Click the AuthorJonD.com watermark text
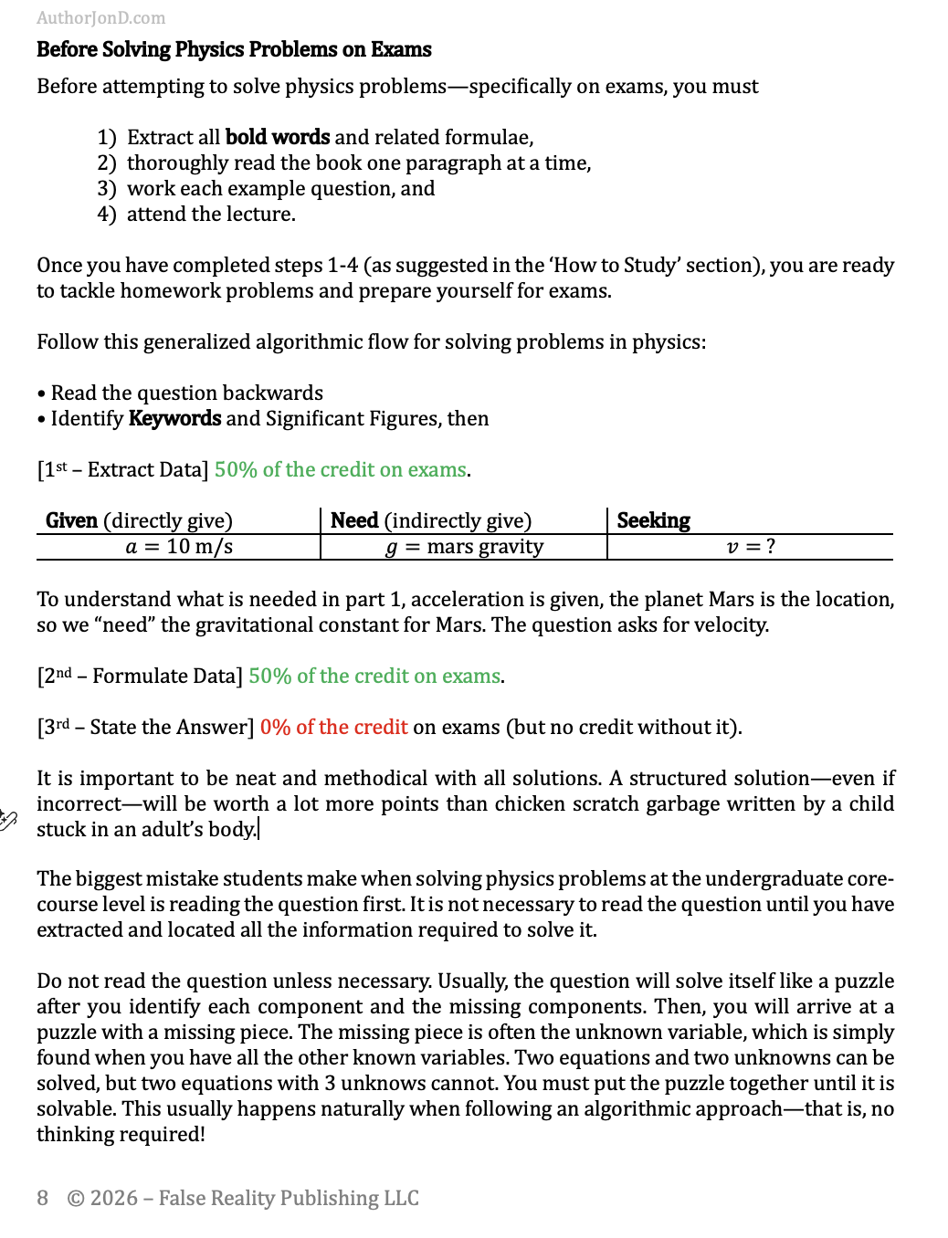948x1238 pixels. click(x=100, y=18)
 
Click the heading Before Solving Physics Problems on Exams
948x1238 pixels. click(x=234, y=49)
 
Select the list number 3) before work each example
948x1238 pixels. click(x=107, y=189)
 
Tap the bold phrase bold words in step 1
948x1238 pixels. click(x=277, y=137)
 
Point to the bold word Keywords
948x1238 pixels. click(x=174, y=419)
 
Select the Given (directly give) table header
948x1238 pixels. click(x=139, y=520)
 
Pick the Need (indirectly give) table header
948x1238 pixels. click(x=430, y=520)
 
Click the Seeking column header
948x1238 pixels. click(x=653, y=520)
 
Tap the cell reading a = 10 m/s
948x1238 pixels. click(x=179, y=547)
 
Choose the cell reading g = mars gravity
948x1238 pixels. click(x=464, y=547)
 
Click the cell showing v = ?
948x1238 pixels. click(x=750, y=547)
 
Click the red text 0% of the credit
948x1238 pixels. click(x=333, y=728)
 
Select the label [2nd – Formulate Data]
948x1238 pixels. click(x=140, y=677)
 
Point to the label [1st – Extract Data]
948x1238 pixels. click(x=122, y=470)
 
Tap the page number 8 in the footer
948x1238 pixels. click(x=43, y=1198)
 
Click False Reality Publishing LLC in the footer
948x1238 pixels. click(x=289, y=1198)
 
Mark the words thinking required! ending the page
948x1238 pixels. click(x=121, y=1135)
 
